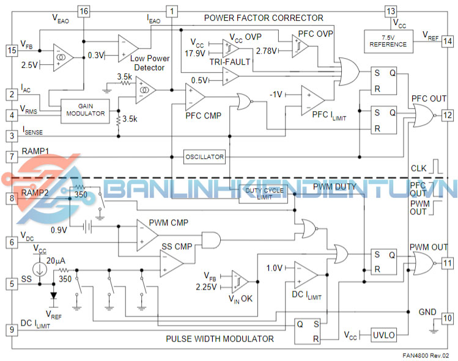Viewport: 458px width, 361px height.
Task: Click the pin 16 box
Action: (84, 12)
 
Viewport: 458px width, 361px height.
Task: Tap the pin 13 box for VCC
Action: (391, 12)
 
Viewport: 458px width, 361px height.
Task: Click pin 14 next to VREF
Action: (448, 41)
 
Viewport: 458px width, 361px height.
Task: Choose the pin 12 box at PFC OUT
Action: (448, 114)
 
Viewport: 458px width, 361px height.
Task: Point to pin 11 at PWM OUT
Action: (448, 263)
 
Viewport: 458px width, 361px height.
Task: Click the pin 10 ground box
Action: (448, 318)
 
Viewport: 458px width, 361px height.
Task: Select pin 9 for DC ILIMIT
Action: (10, 330)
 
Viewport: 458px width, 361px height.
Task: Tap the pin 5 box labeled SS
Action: (10, 283)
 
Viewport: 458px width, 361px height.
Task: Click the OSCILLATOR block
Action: (205, 157)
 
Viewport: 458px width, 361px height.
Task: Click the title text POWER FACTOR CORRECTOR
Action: (264, 18)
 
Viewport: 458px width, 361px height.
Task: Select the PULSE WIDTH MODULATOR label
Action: (220, 338)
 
